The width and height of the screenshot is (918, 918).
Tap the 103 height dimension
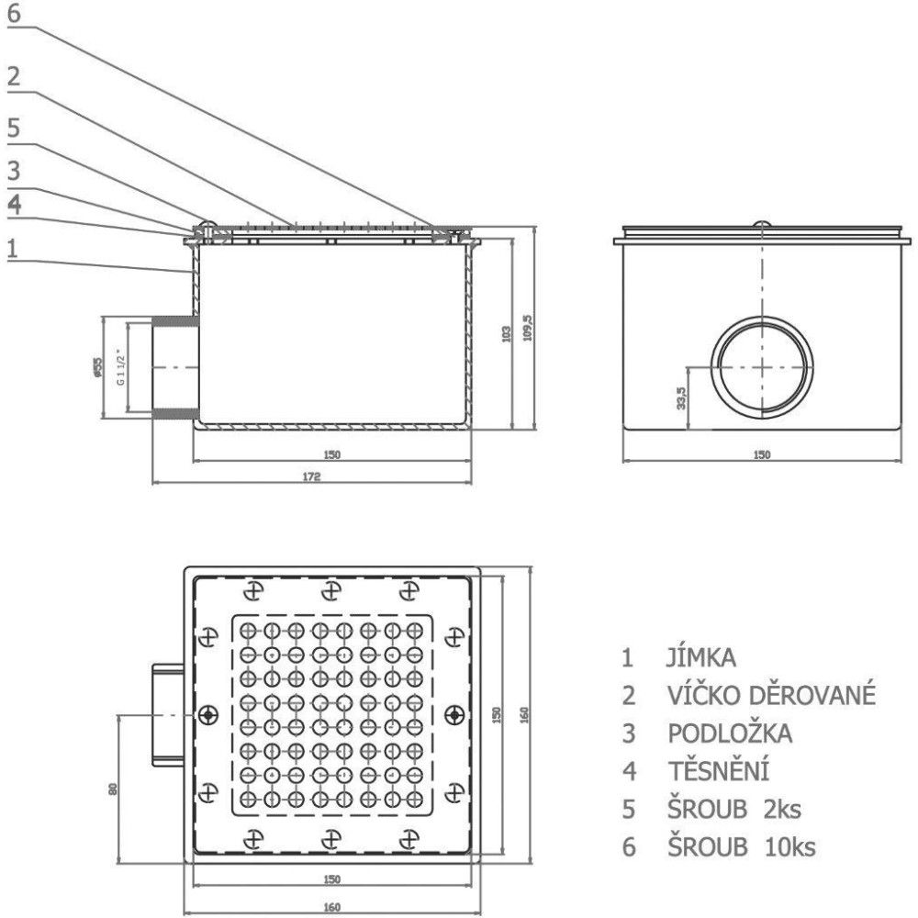(x=507, y=333)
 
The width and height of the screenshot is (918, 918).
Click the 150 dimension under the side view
(x=763, y=453)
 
